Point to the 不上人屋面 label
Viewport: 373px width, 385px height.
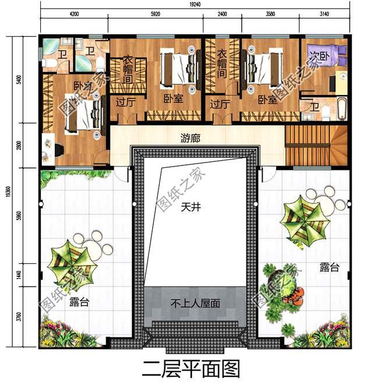pos(195,303)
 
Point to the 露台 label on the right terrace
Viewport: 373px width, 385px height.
pos(329,267)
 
